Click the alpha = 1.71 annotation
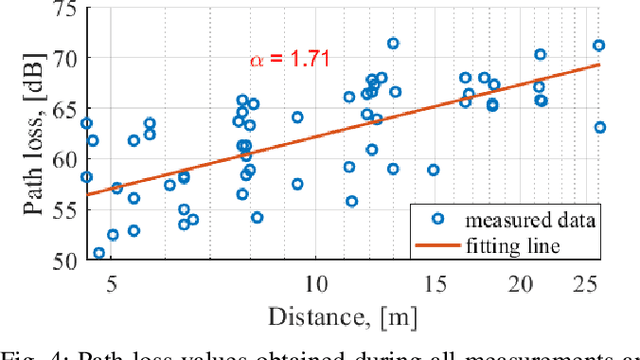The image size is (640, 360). click(285, 62)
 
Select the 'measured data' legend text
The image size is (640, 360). click(539, 219)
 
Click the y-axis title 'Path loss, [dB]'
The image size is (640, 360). click(22, 132)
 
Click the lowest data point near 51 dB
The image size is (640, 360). click(99, 253)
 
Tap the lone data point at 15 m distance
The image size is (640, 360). click(433, 170)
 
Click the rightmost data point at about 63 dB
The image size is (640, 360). click(600, 127)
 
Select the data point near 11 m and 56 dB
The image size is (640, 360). click(351, 201)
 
